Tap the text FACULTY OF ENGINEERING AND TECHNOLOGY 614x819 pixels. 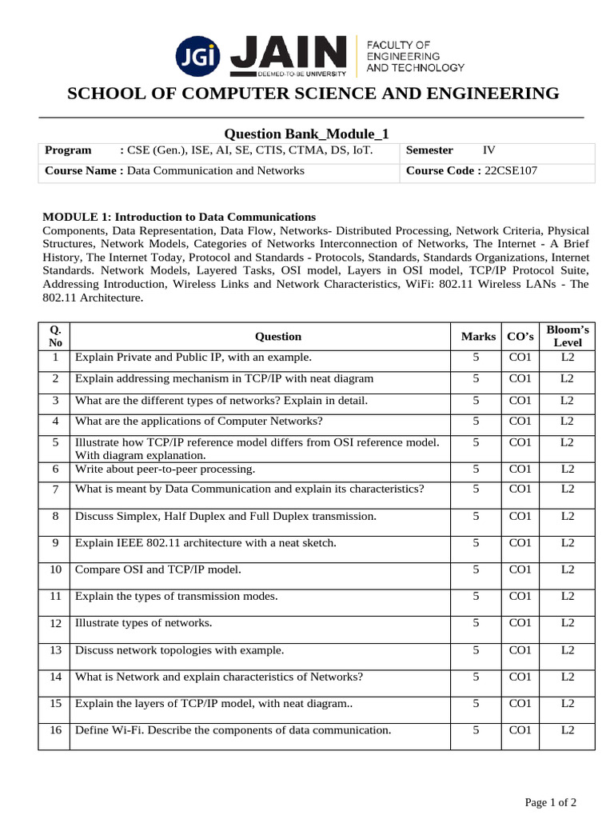point(413,56)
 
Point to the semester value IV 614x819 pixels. point(489,150)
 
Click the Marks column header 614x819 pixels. point(478,337)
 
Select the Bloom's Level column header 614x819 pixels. point(567,336)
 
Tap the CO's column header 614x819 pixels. point(520,337)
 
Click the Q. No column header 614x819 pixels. point(54,336)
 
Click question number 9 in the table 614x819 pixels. point(55,543)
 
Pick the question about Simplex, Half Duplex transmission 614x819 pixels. point(225,517)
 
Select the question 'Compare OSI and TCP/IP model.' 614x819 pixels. point(157,569)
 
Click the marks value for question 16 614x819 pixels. point(476,729)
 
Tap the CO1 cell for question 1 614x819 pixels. point(520,358)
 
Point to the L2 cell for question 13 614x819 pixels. point(567,649)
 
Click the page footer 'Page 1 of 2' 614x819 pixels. point(550,802)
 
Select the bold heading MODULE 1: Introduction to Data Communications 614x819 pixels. point(179,217)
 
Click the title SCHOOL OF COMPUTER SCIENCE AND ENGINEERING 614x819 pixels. point(313,94)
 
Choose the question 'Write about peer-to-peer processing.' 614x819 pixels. point(165,469)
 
